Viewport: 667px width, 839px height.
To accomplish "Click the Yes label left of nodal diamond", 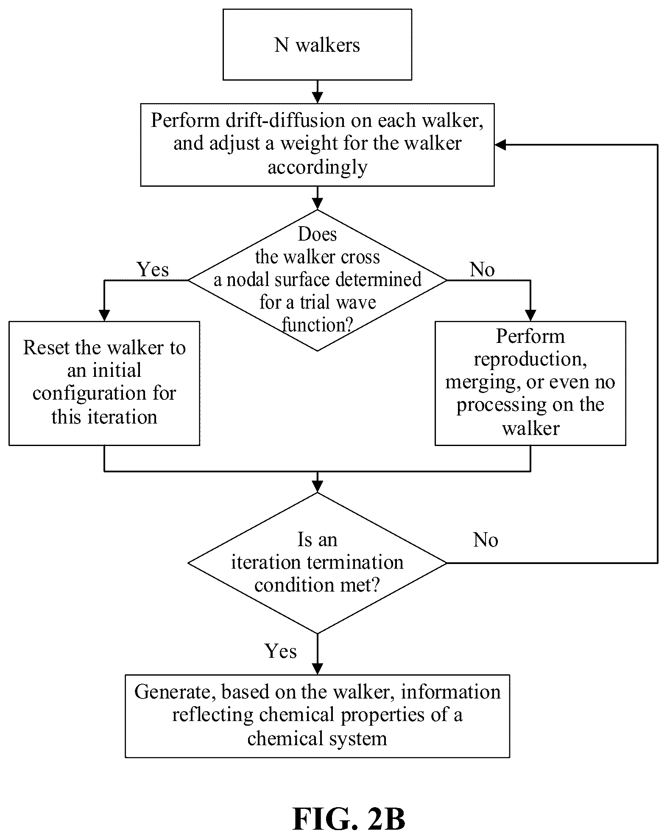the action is point(153,269).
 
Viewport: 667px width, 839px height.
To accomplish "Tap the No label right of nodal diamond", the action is point(482,269).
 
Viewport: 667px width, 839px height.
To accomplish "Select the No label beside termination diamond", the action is point(486,540).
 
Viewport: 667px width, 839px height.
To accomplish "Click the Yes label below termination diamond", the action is point(281,651).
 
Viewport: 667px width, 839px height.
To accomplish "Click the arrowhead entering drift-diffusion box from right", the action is point(500,145).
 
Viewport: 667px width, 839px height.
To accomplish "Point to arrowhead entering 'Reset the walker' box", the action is point(104,316).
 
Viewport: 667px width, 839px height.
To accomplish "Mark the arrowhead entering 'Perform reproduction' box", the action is point(530,316).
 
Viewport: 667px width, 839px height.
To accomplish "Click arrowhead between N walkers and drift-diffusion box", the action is point(317,98).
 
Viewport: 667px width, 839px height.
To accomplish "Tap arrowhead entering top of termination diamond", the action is point(317,487).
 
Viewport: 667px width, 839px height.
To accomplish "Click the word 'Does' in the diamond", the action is point(318,234).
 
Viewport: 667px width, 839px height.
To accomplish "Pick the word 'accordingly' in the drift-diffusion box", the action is point(317,167).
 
